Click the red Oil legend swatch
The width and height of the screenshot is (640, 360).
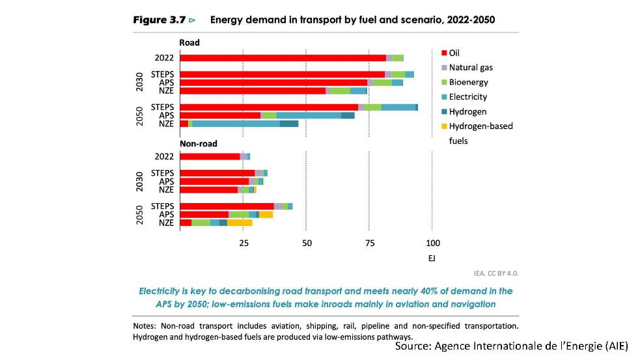(x=444, y=53)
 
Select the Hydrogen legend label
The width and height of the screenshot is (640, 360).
(x=467, y=111)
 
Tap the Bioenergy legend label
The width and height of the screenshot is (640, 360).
(x=468, y=82)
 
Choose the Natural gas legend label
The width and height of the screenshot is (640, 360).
(x=471, y=67)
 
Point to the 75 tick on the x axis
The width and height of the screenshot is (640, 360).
(x=369, y=243)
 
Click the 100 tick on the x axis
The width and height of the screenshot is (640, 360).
(x=432, y=243)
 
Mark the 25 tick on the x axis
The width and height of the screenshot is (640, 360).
(x=243, y=243)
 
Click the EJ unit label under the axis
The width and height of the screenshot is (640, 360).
(x=432, y=258)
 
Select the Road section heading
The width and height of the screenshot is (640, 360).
(x=189, y=43)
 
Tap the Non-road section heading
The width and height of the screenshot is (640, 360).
(x=199, y=143)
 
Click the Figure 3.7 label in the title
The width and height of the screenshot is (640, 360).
(x=160, y=20)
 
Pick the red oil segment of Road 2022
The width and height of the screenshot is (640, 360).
(x=283, y=58)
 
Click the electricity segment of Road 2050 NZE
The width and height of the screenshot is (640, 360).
(x=236, y=124)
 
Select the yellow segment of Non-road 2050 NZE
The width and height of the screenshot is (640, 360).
(x=240, y=223)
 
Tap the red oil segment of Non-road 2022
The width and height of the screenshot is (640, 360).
(x=210, y=156)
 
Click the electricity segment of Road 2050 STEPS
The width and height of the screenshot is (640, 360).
(x=398, y=107)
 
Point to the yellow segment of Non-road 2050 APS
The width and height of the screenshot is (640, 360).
(x=266, y=214)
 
